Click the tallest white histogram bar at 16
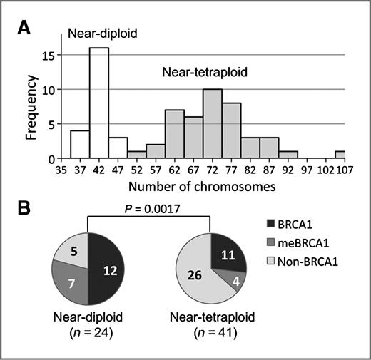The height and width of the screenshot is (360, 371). (98, 103)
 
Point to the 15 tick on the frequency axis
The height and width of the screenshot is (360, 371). (48, 54)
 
